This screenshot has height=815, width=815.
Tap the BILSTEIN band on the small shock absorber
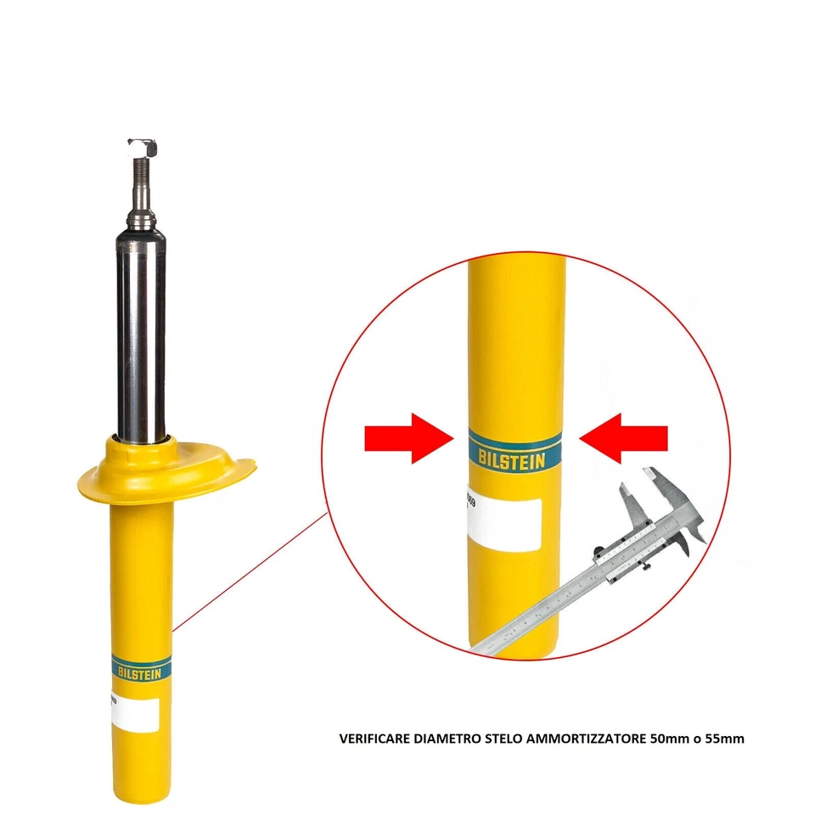(x=142, y=666)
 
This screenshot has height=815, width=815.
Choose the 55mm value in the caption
(x=727, y=739)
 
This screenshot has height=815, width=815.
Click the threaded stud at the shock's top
(x=140, y=183)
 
